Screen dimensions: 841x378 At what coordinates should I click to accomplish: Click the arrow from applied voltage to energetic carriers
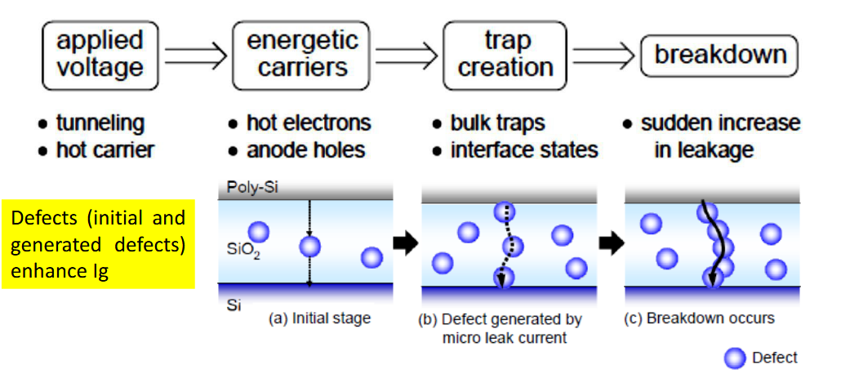(x=196, y=56)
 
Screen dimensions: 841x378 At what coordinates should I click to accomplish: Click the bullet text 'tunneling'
(x=100, y=124)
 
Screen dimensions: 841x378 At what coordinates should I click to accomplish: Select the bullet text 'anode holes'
(x=305, y=150)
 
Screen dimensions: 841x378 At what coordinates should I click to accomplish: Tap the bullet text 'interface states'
(x=524, y=150)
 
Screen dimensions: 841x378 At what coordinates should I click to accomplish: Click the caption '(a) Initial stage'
(x=320, y=318)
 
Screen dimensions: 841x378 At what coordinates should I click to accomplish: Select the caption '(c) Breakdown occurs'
(x=700, y=318)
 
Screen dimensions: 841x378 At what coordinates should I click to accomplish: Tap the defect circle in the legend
(x=735, y=358)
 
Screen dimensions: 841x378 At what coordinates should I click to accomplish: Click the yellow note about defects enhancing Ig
(x=98, y=244)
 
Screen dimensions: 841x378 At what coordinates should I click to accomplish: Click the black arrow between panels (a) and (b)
(x=406, y=244)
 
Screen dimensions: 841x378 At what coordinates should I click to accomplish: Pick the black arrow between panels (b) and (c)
(x=611, y=244)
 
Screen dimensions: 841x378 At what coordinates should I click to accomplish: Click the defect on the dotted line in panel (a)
(x=309, y=247)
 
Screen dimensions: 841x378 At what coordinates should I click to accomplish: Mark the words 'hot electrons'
(x=309, y=124)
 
